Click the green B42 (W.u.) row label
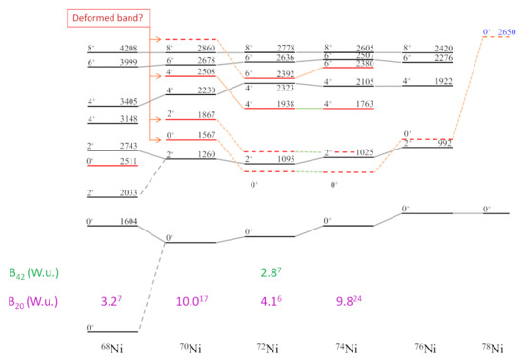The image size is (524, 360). [x=36, y=273]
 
